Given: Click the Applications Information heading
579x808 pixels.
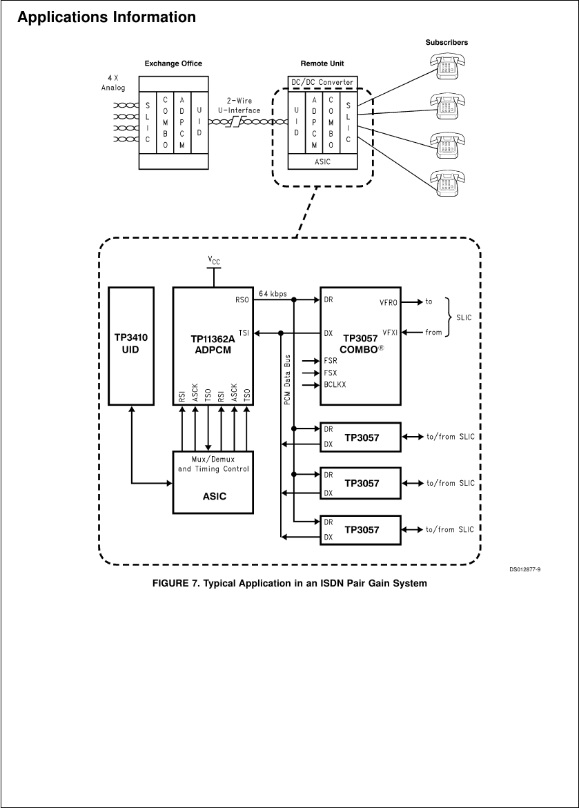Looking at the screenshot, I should (106, 17).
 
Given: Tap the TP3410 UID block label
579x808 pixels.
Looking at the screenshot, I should (131, 344).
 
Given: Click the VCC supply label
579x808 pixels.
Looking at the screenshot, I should (215, 259).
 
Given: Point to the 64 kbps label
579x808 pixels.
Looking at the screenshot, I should (273, 293).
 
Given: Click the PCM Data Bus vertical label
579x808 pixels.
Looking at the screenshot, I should (287, 386).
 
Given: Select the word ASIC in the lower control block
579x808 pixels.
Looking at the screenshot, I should (213, 496).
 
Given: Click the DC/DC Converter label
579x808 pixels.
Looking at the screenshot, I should (322, 82).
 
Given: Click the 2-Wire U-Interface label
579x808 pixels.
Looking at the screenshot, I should (243, 105).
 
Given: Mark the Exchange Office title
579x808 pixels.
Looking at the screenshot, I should (173, 63).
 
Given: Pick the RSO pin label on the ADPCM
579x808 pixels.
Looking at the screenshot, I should (241, 300).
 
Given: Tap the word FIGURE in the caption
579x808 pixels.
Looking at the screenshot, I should (171, 584).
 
